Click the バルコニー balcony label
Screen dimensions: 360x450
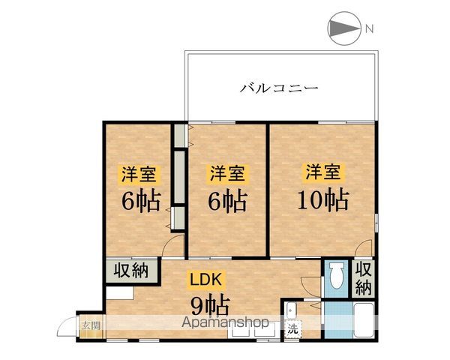pos(279,88)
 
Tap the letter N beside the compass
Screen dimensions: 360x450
pos(369,29)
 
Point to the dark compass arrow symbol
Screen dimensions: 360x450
pos(343,29)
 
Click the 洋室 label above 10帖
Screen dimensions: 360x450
pos(323,172)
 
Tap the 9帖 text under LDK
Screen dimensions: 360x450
pos(208,305)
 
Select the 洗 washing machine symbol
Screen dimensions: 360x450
pos(292,328)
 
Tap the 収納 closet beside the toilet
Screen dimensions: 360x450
pos(363,278)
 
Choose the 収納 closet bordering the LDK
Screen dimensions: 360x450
pos(130,271)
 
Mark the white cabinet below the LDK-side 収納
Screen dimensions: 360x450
pos(118,290)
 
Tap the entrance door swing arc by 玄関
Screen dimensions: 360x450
pos(70,330)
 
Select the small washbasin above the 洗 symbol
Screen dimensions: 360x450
pos(290,307)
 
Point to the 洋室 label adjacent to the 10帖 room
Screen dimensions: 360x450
pos(226,173)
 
